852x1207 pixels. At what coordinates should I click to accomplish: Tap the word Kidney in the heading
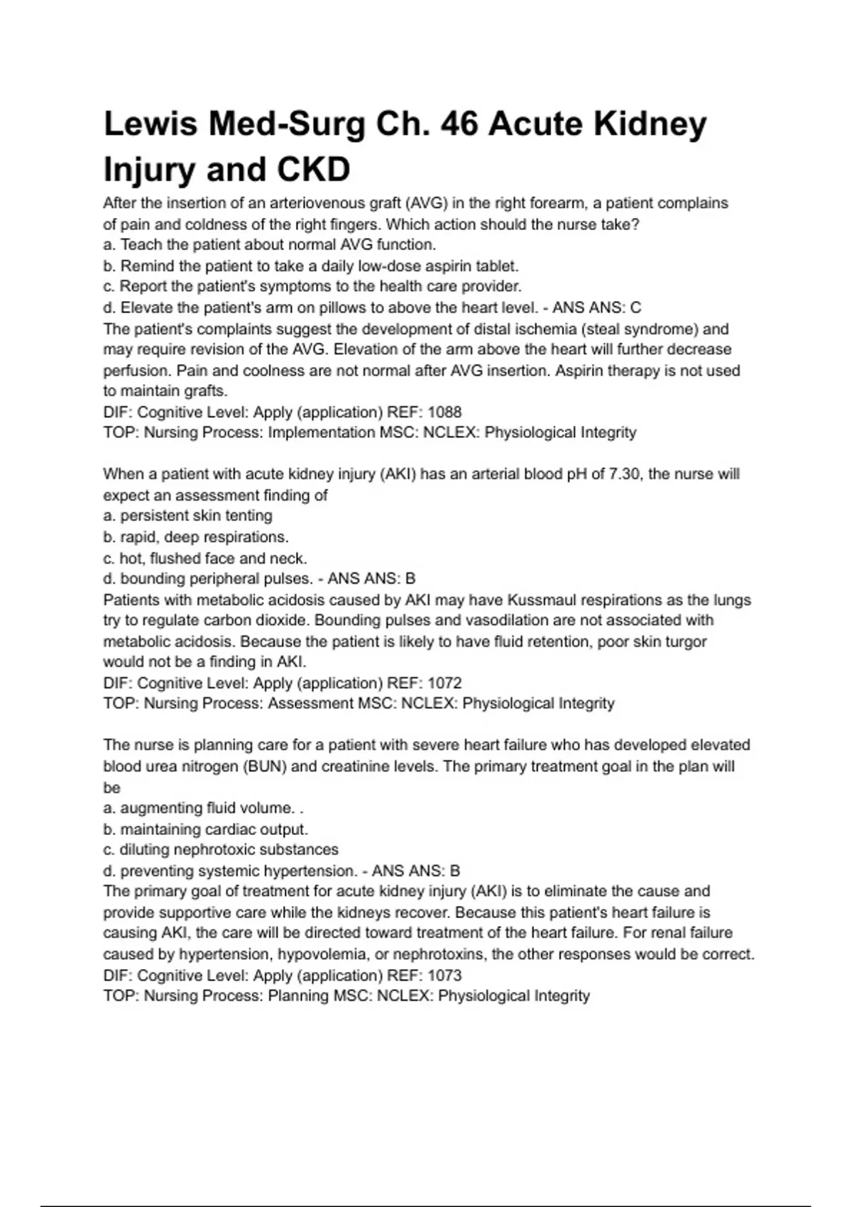pos(650,124)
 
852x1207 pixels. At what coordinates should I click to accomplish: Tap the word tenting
pos(248,515)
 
